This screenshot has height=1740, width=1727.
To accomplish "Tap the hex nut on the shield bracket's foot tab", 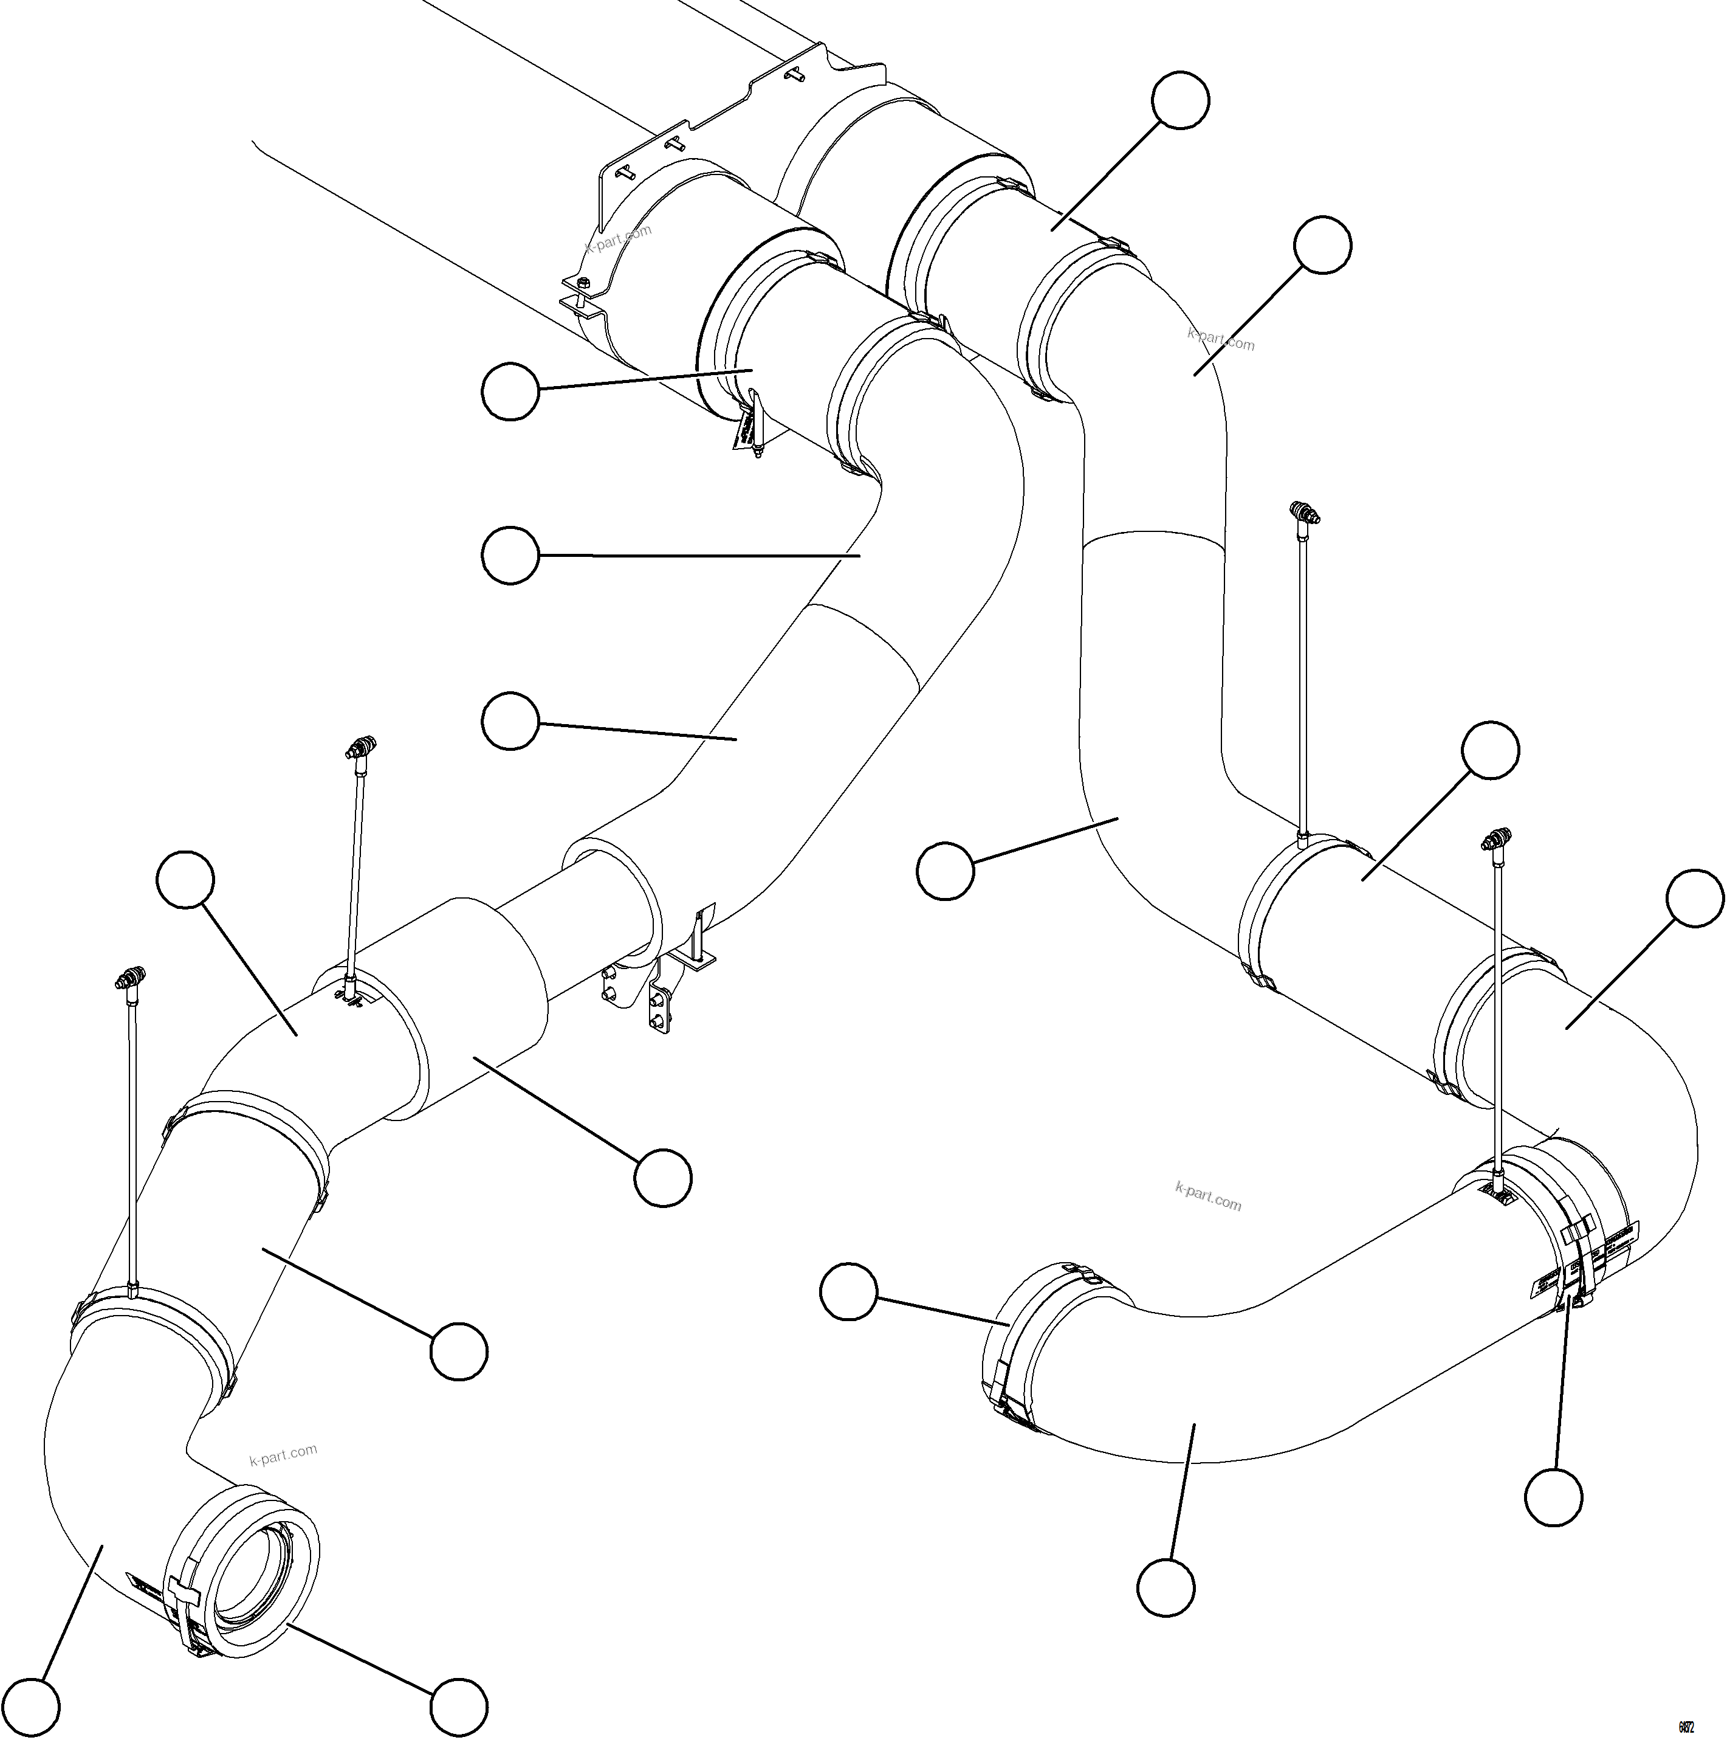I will pos(583,286).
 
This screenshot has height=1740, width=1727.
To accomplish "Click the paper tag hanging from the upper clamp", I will pos(746,432).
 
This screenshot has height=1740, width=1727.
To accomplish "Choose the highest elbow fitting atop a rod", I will pos(1305,513).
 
